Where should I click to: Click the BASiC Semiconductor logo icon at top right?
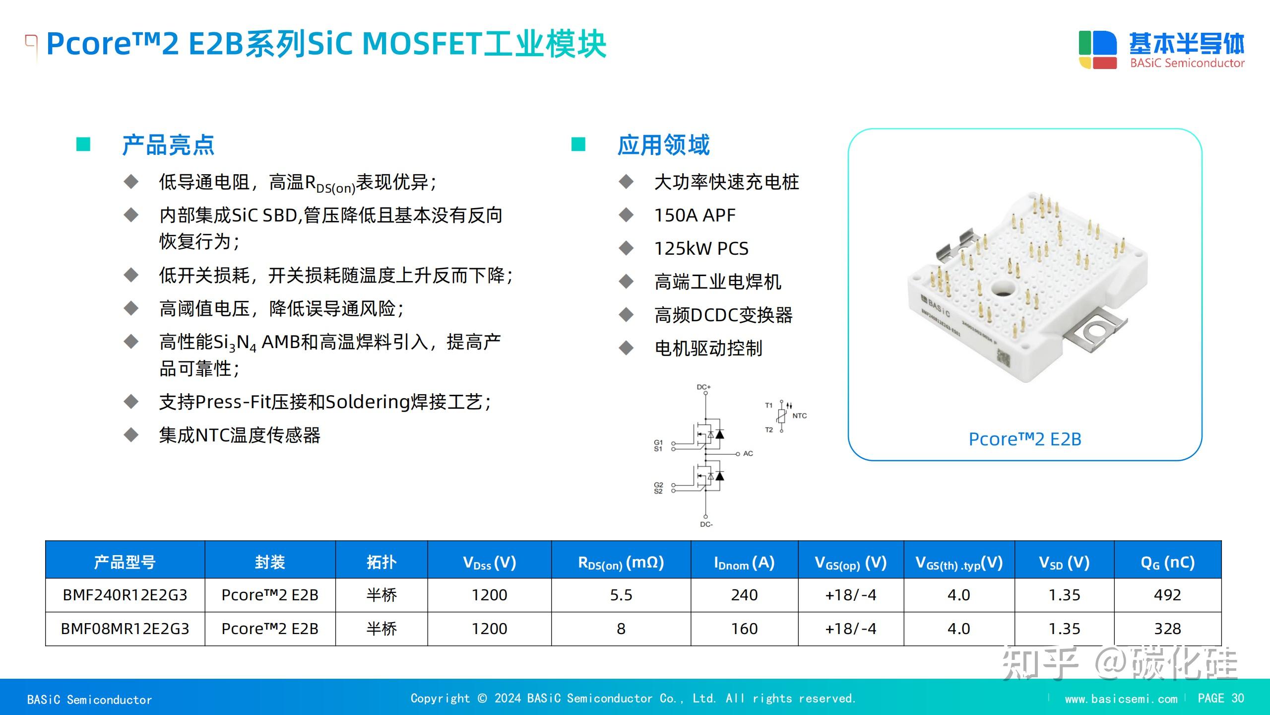click(x=1097, y=50)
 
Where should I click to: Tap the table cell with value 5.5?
click(x=621, y=595)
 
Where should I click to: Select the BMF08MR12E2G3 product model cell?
click(x=125, y=629)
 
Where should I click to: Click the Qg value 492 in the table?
click(x=1167, y=595)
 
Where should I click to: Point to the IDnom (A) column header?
click(x=744, y=563)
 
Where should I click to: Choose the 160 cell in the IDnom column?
click(x=744, y=629)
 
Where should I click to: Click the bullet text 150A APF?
click(x=695, y=215)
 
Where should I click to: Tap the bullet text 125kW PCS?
click(x=701, y=248)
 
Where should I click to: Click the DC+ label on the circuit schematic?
click(x=703, y=387)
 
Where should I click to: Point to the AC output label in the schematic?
click(x=748, y=453)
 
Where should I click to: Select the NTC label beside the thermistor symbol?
click(x=799, y=416)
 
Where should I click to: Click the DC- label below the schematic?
click(x=706, y=524)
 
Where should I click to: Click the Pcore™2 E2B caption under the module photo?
click(x=1025, y=439)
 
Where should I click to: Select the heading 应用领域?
click(x=663, y=145)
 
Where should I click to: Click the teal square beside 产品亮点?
click(x=83, y=144)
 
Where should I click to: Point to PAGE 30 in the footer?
click(x=1220, y=698)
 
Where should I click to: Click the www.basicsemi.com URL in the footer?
click(x=1121, y=699)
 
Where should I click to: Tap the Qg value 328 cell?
click(x=1167, y=629)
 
